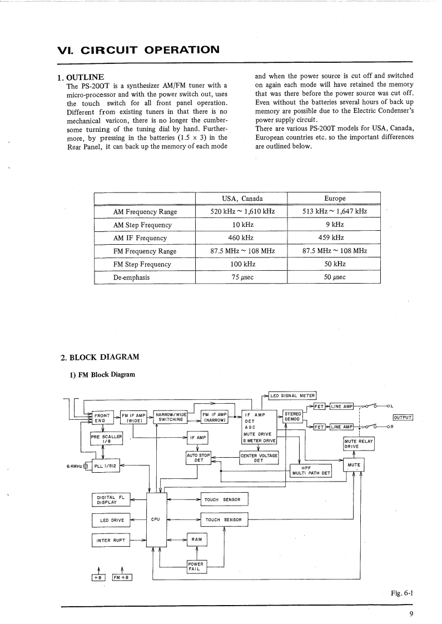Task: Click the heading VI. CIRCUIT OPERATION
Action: [x=139, y=49]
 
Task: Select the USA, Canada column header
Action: [x=242, y=199]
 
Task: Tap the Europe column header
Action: [x=335, y=199]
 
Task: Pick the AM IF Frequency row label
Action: [x=140, y=238]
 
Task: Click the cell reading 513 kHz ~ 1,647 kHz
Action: [x=334, y=212]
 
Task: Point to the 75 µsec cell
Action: [x=242, y=277]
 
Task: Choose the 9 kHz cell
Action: [x=334, y=225]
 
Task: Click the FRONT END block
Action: [x=103, y=418]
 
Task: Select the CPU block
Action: [x=156, y=519]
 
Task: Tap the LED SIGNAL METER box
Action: [x=292, y=396]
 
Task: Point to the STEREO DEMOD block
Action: [x=292, y=417]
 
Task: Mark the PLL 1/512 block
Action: [x=105, y=466]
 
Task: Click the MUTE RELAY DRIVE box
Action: [x=359, y=443]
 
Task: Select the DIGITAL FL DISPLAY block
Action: [x=110, y=499]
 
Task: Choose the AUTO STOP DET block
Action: [x=198, y=458]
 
